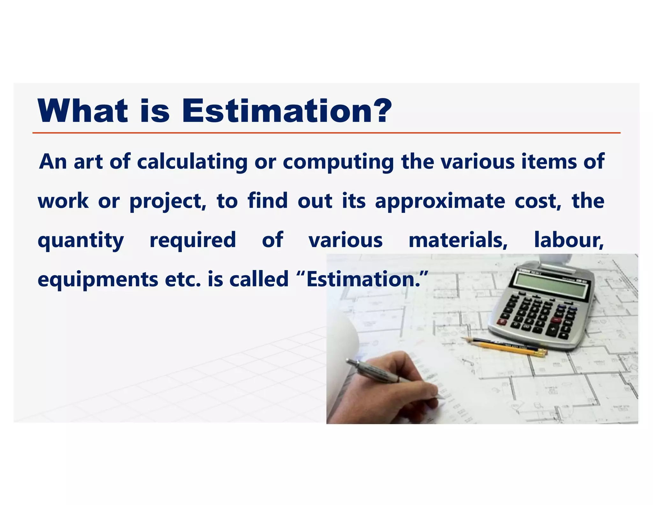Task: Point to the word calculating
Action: pyautogui.click(x=192, y=162)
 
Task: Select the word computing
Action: pyautogui.click(x=338, y=162)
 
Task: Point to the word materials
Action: pyautogui.click(x=458, y=240)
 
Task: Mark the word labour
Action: pyautogui.click(x=569, y=240)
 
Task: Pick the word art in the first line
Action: pyautogui.click(x=88, y=162)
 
